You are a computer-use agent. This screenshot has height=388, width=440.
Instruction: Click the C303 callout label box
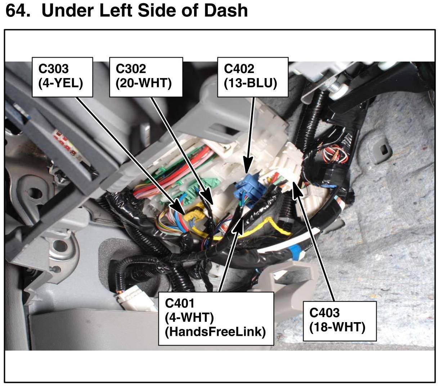click(x=62, y=77)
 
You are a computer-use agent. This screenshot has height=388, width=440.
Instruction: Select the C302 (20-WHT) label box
click(x=145, y=77)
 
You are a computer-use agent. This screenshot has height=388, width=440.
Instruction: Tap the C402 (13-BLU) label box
click(x=252, y=77)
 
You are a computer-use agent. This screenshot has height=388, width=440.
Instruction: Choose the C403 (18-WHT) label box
click(x=339, y=321)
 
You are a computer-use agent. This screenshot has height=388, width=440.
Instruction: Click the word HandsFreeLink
click(x=215, y=332)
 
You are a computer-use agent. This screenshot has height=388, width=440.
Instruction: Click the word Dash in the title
click(x=226, y=11)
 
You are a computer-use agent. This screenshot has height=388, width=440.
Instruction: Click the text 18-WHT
click(x=337, y=328)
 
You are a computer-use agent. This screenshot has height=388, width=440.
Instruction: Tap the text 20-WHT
click(x=144, y=84)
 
